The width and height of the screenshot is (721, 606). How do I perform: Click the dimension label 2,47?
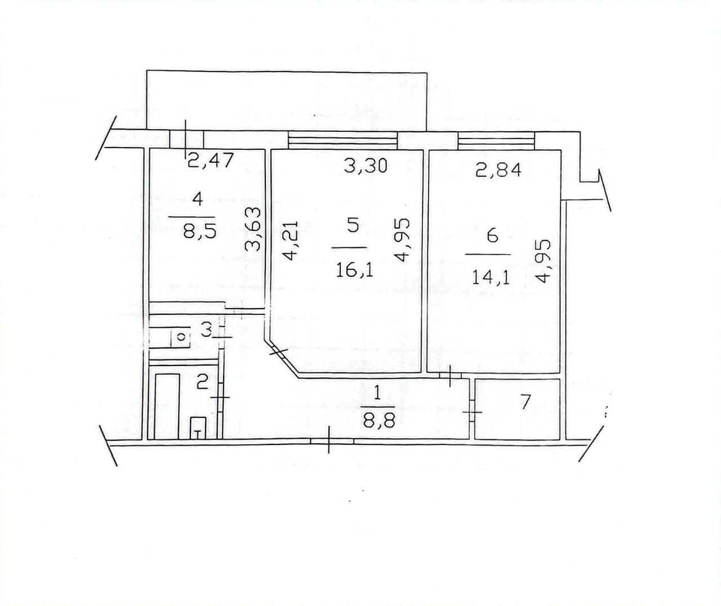[x=210, y=162]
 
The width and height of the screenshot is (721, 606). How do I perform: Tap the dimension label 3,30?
[x=366, y=165]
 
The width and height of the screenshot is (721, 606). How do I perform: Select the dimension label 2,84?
[x=498, y=169]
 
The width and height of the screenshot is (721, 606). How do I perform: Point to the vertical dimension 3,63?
[x=255, y=229]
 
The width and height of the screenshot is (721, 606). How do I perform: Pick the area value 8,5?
[x=200, y=231]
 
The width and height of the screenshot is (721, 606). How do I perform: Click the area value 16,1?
[x=354, y=270]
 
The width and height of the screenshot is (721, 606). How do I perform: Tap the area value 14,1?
[x=491, y=277]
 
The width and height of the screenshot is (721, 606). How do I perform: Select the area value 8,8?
[x=377, y=419]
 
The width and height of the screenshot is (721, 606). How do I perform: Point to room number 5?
[x=353, y=226]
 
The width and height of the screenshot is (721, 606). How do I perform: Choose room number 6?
[x=492, y=235]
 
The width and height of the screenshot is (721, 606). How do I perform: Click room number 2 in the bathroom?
[x=202, y=384]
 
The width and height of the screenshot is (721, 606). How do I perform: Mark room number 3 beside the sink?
[x=206, y=329]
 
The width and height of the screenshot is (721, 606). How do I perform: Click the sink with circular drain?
[x=180, y=337]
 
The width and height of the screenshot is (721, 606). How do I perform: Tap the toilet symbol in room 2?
[x=198, y=427]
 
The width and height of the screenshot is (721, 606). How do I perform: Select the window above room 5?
[x=342, y=140]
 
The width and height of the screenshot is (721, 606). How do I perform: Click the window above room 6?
[x=496, y=140]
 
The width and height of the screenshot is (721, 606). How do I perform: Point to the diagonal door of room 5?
[x=279, y=353]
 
